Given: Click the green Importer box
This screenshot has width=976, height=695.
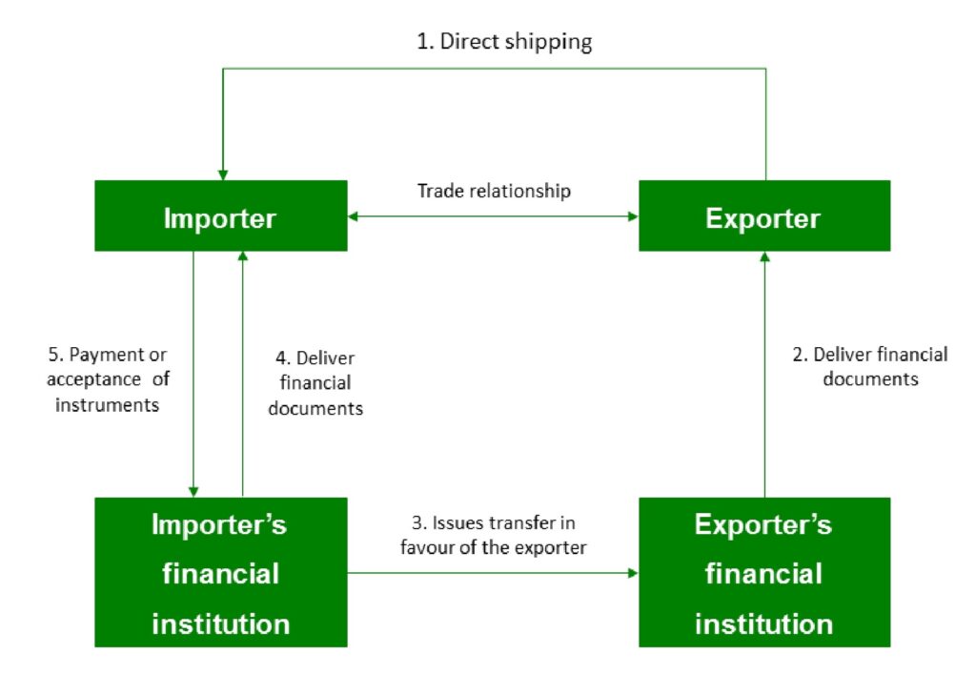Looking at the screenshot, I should [220, 216].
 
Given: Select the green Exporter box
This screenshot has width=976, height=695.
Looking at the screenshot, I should [763, 216].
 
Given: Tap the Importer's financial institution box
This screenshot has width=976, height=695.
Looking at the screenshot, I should [220, 572].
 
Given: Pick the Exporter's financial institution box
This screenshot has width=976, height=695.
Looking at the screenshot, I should [763, 572].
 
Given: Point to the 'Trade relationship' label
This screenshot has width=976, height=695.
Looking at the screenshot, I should [494, 191].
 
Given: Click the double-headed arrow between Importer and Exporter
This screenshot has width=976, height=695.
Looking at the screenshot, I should [493, 217].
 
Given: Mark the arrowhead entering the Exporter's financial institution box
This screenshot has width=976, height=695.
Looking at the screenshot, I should [632, 573].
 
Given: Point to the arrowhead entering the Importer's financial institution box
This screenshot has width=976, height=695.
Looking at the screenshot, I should [193, 490].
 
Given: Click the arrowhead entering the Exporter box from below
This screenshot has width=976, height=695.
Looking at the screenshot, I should [763, 257].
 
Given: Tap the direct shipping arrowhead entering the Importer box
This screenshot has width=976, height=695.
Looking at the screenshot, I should [222, 174].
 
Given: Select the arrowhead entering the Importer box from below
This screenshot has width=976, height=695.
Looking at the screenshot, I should [243, 257].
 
